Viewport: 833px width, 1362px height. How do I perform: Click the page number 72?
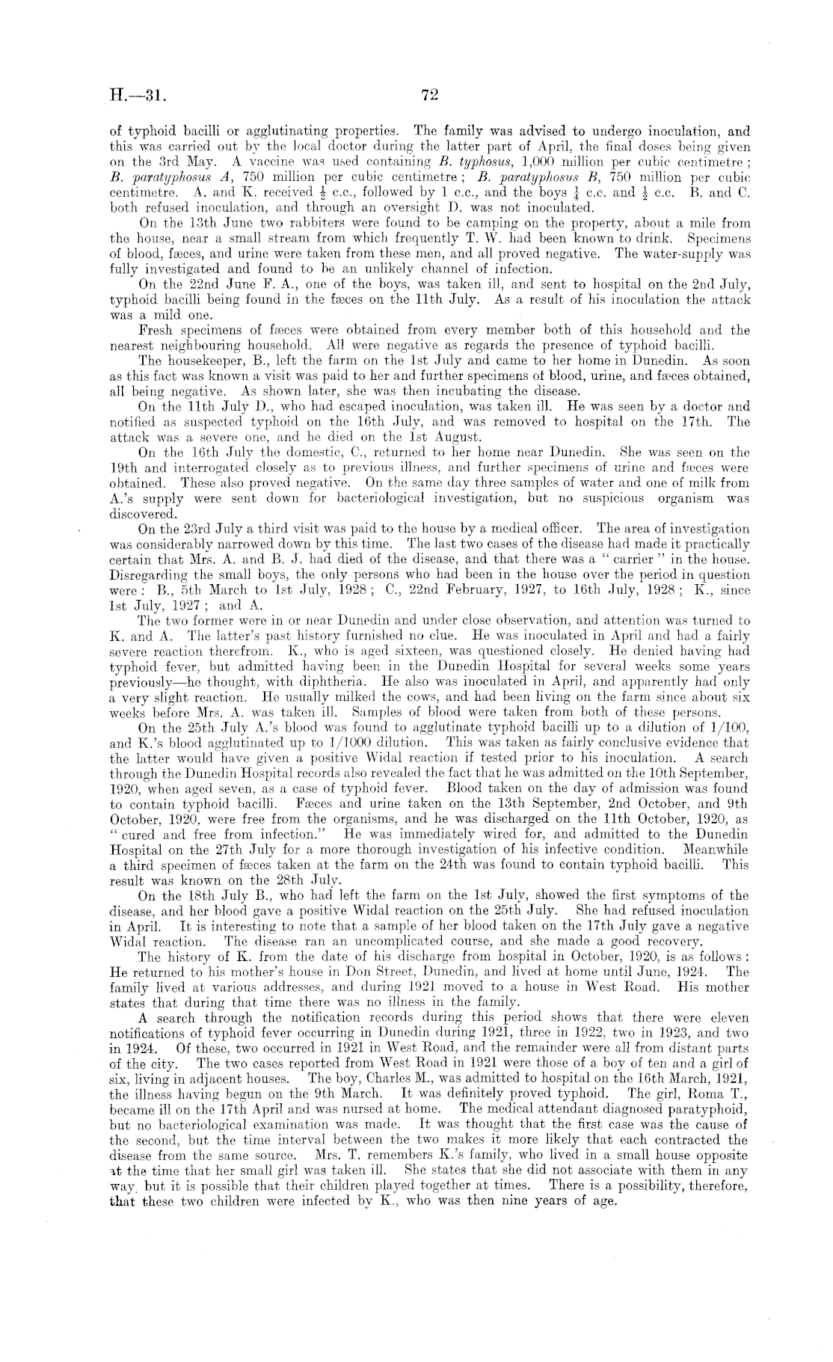(x=428, y=94)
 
